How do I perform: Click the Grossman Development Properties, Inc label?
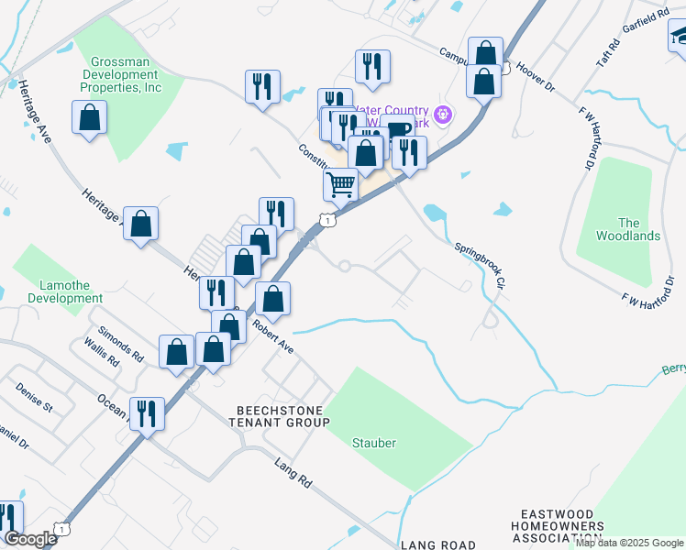click(x=121, y=73)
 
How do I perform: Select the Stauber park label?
click(x=374, y=443)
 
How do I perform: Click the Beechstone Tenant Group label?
click(x=282, y=416)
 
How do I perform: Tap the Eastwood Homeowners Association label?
click(x=562, y=526)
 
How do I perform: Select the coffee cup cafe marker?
click(x=398, y=133)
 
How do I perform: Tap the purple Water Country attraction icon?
click(x=444, y=115)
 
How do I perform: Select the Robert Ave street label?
click(x=272, y=336)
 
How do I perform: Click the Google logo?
click(x=30, y=539)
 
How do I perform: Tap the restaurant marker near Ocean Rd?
click(x=147, y=414)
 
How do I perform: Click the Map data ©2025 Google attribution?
click(x=629, y=543)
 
